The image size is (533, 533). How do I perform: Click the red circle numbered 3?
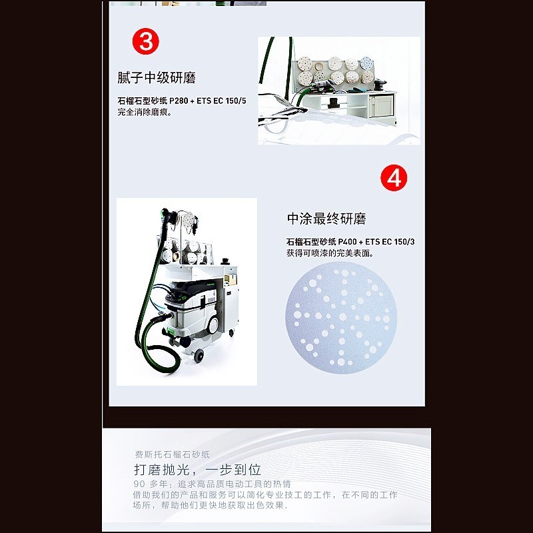[x=145, y=41]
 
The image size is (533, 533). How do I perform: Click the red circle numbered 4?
[x=394, y=178]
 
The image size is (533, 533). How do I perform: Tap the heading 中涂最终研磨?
[x=326, y=219]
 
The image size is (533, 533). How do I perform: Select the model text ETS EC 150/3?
[x=390, y=242]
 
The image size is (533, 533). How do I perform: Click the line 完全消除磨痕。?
[x=145, y=112]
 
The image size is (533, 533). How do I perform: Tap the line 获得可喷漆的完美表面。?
[x=330, y=253]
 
